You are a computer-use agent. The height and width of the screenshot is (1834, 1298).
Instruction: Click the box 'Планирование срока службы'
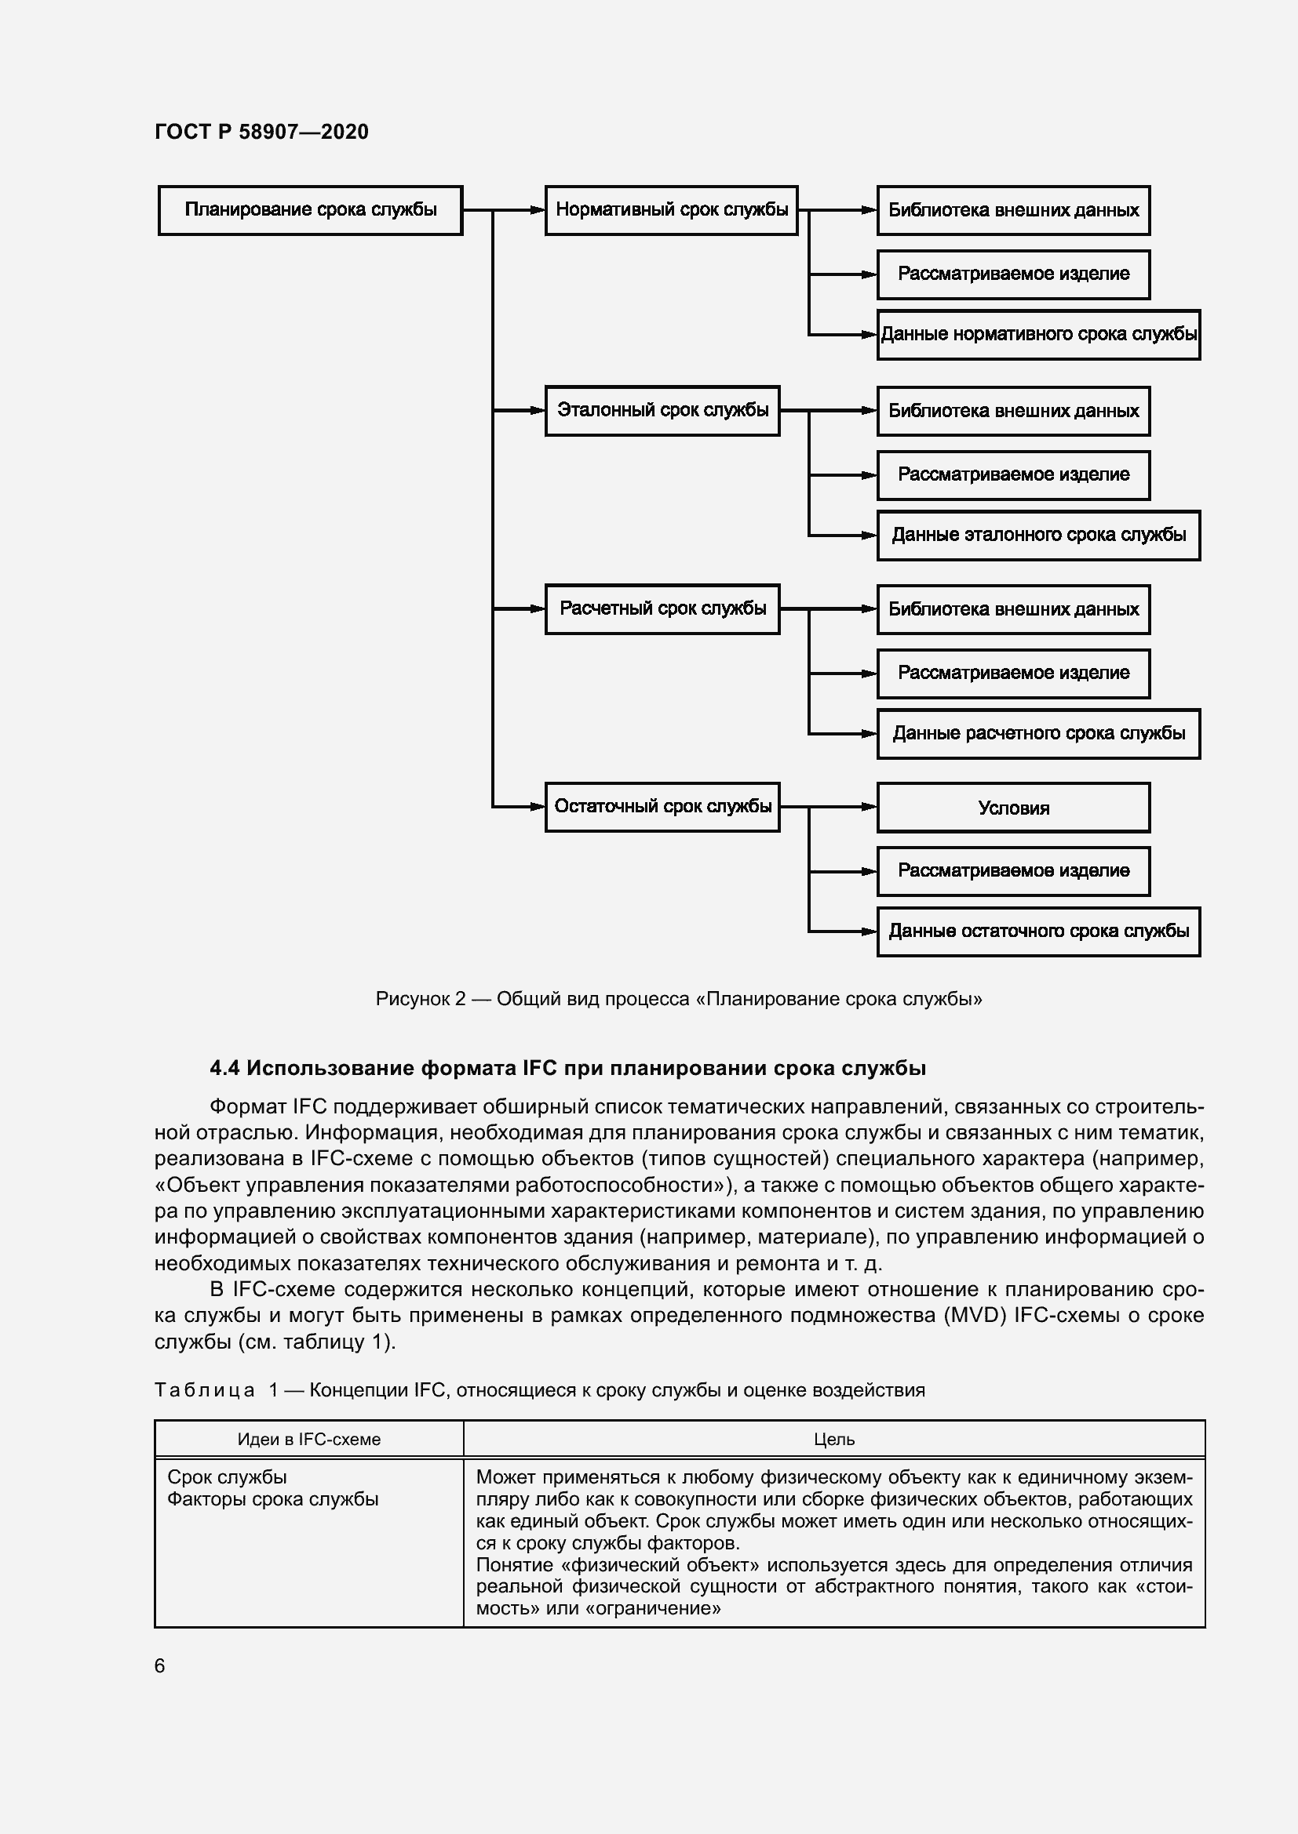click(x=310, y=210)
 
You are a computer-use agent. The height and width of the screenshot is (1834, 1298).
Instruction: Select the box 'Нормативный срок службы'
click(x=672, y=210)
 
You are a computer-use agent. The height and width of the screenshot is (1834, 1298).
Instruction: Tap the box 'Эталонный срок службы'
click(x=662, y=411)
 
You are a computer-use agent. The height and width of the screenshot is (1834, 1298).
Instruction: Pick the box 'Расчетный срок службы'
click(x=662, y=608)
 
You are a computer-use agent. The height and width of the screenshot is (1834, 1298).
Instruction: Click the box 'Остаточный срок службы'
click(x=662, y=807)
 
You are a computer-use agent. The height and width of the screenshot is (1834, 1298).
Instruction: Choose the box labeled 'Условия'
click(x=1012, y=808)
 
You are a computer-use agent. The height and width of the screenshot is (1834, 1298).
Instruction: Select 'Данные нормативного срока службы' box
click(x=1038, y=335)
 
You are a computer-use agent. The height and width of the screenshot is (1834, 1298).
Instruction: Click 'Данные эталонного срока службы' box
click(x=1038, y=536)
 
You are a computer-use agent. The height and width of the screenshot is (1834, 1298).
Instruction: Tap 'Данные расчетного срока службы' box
click(x=1038, y=733)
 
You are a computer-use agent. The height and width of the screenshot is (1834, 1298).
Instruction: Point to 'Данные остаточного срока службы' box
click(x=1038, y=932)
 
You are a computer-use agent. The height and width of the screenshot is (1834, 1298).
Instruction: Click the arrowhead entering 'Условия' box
click(x=870, y=807)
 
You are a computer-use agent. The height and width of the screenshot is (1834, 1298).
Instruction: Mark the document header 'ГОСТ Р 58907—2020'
click(x=261, y=132)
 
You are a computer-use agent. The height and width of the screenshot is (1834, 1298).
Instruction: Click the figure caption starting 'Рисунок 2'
click(x=679, y=999)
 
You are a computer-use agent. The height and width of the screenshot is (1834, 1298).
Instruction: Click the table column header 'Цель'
click(x=833, y=1440)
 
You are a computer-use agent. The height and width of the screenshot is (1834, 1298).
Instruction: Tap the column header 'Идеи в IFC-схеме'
click(x=308, y=1440)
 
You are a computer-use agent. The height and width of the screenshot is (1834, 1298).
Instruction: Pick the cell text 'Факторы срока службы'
click(x=272, y=1499)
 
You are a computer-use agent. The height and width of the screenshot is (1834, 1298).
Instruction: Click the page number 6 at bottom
click(x=160, y=1666)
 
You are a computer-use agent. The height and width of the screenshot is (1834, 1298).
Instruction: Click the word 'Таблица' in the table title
click(x=205, y=1391)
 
